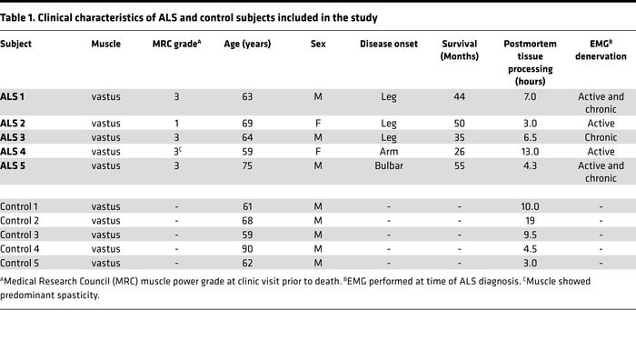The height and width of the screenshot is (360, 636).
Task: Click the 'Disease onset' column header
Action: tap(388, 44)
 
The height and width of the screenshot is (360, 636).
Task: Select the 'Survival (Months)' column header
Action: tap(460, 49)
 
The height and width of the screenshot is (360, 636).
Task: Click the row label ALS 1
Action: tap(13, 95)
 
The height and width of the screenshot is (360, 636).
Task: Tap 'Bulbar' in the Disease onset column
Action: tap(388, 165)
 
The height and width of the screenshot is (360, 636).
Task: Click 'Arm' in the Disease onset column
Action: tap(388, 151)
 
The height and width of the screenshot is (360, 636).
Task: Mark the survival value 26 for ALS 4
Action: tap(460, 151)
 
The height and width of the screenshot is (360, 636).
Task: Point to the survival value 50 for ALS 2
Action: tap(460, 123)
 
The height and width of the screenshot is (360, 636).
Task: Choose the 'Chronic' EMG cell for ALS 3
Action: tap(601, 137)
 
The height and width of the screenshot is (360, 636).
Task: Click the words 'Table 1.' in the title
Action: tap(18, 18)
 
